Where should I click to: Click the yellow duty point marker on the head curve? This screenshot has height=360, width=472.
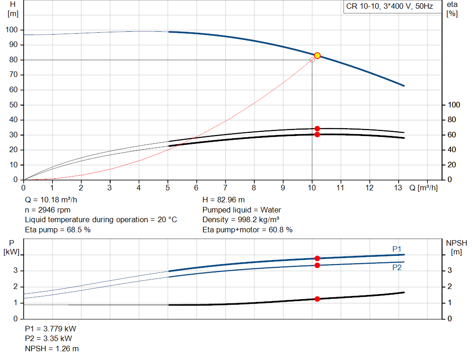click(x=317, y=55)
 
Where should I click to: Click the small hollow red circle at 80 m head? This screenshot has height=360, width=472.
click(x=312, y=60)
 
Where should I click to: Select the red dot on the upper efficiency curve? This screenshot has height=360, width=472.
click(x=317, y=129)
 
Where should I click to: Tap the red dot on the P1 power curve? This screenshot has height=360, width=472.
click(x=317, y=259)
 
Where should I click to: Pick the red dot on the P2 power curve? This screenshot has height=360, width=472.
click(x=317, y=265)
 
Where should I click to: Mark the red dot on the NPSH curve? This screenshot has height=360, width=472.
click(x=317, y=299)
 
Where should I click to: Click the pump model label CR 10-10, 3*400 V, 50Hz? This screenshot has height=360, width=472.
click(x=389, y=7)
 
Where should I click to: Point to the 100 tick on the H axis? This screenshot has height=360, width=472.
click(x=12, y=30)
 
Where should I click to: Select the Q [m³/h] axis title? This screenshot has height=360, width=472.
click(x=424, y=188)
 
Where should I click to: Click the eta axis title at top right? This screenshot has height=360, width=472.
click(x=452, y=9)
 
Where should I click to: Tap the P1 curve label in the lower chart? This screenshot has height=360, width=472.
click(x=397, y=249)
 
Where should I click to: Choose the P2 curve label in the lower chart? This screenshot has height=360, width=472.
click(x=397, y=267)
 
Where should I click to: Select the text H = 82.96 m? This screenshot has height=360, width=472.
click(x=224, y=200)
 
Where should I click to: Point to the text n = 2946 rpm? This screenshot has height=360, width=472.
click(x=47, y=210)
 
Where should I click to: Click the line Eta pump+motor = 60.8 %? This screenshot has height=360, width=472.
click(x=247, y=230)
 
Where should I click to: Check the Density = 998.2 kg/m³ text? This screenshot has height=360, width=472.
click(x=241, y=220)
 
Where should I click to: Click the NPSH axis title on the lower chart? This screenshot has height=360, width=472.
click(x=456, y=247)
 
